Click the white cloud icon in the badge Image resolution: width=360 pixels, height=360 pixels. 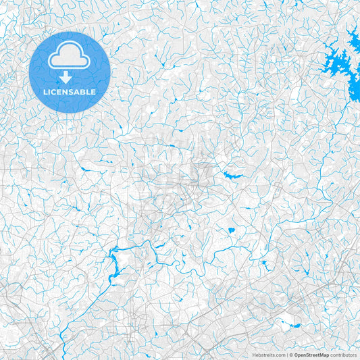point(70,59)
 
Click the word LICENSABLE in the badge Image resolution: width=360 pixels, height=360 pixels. point(70,91)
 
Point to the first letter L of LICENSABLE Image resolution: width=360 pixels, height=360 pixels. point(45,91)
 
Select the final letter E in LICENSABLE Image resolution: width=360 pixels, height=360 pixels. point(94,91)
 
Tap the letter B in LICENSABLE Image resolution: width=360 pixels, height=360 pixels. point(84,91)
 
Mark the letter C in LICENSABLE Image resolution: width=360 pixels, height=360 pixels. point(55,91)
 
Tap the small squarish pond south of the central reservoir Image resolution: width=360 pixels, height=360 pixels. point(231,230)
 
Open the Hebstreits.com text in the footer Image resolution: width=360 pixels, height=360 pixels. point(269,354)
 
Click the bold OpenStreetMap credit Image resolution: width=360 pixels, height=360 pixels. point(311,354)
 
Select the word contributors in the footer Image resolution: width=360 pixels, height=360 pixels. point(343,354)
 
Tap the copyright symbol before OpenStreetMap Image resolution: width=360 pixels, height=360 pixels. point(291,354)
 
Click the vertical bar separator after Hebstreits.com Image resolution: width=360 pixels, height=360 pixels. point(286,354)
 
